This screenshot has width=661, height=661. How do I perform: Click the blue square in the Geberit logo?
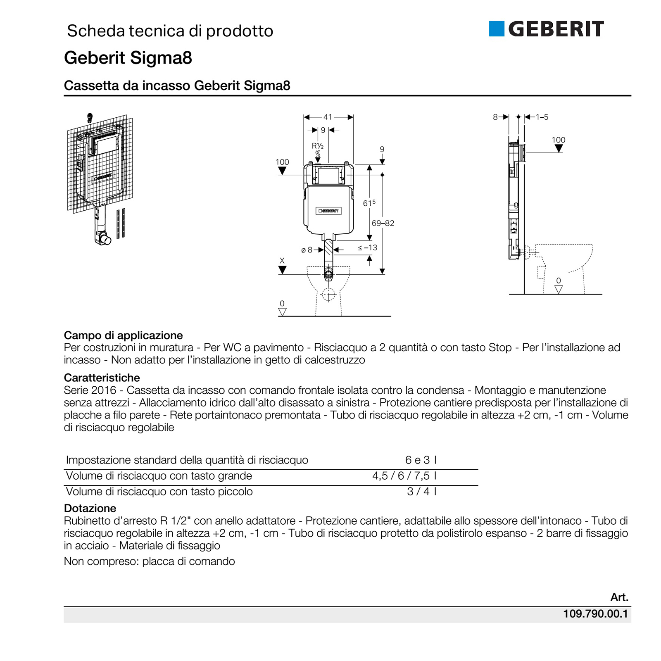coord(496,29)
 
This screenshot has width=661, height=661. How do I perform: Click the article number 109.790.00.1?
coord(595,614)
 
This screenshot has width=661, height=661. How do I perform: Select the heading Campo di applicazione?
coord(123,335)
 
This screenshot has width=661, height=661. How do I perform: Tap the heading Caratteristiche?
coord(102,378)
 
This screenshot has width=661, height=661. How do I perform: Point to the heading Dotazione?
coord(90,508)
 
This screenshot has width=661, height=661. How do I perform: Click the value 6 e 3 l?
coord(421,460)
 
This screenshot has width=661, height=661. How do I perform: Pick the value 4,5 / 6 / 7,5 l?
coord(404,476)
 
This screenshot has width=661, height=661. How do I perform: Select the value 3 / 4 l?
coord(422,491)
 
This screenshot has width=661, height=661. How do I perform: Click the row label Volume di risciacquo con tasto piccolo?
coord(159,492)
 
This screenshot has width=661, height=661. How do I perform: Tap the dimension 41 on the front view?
coord(328,117)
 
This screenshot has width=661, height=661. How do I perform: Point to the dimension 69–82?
coord(383,223)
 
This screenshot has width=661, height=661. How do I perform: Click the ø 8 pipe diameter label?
coord(307,250)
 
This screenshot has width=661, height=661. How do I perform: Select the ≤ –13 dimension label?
coord(367,248)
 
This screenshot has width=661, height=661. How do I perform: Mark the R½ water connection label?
coord(317,146)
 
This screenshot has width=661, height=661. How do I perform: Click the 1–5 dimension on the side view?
coord(542,117)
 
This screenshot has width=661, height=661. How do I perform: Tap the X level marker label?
coord(282,261)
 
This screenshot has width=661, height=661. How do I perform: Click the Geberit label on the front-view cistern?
coord(328,211)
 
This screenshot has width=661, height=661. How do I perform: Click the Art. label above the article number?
coord(619,597)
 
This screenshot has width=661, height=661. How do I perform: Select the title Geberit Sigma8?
coord(128,58)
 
